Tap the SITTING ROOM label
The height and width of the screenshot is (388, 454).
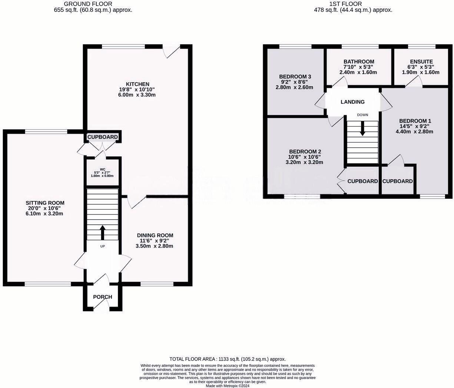coord(45,203)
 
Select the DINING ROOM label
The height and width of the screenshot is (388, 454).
coord(155,235)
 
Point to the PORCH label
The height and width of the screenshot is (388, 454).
coord(102,297)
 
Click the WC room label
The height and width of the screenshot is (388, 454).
coord(102,169)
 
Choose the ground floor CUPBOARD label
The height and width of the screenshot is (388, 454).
coord(103,137)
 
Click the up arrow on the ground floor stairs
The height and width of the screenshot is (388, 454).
coord(102,233)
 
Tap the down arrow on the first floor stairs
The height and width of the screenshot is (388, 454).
coord(362,128)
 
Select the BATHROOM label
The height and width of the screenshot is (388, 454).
coord(358,61)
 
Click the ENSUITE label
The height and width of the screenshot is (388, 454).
coord(421,61)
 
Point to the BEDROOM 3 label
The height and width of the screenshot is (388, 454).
coord(295,77)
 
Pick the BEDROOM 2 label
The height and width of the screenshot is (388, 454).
coord(305,152)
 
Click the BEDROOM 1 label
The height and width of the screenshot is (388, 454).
coord(415,121)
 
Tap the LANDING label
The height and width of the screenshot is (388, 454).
coord(352,102)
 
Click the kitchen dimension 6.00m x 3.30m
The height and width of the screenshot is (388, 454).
coord(137,95)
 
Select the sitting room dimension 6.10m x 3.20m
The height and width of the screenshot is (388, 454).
coord(45,214)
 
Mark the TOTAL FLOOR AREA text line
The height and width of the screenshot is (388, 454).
coord(227,359)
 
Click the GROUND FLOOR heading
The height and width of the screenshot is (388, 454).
coord(93,4)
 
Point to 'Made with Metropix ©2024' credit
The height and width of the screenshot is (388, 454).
coord(228,385)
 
